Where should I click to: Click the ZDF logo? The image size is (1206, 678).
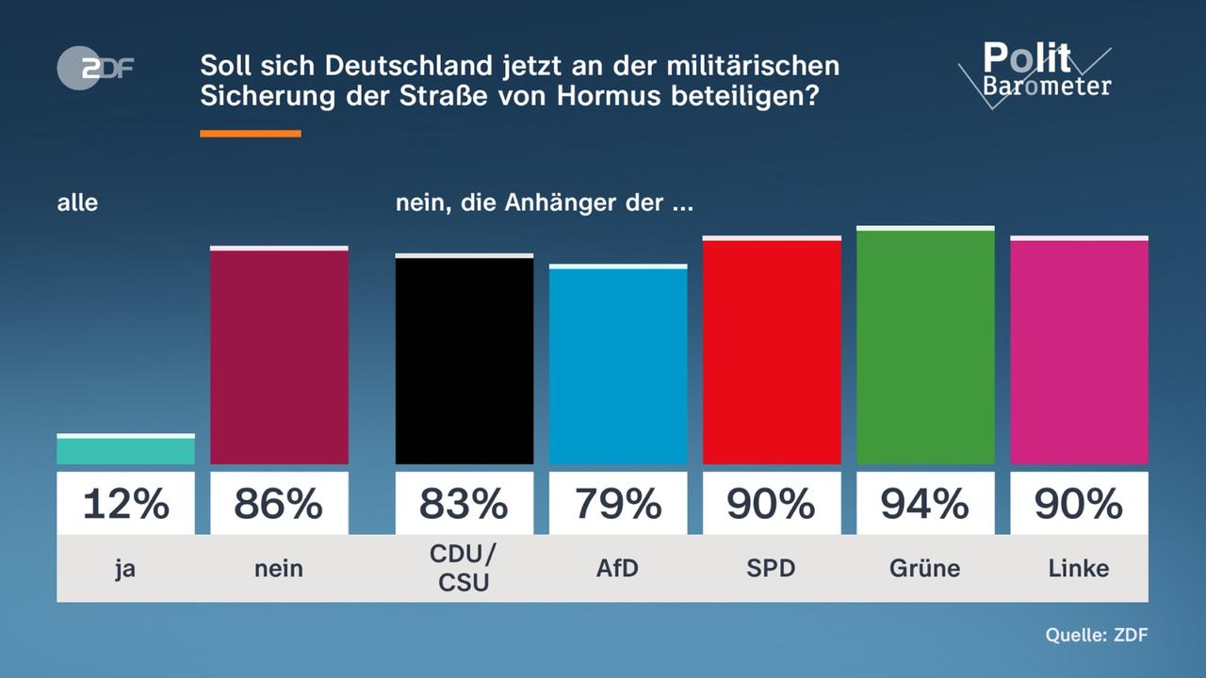95,68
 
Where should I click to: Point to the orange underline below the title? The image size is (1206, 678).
251,134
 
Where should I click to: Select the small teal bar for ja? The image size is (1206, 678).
125,450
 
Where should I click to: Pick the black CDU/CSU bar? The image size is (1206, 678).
464,360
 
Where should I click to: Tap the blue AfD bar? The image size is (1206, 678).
618,365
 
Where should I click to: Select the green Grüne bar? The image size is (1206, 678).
925,346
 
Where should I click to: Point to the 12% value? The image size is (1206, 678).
125,504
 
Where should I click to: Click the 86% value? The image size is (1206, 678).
279,504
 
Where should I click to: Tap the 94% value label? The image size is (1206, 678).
925,504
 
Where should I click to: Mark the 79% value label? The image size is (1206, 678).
618,504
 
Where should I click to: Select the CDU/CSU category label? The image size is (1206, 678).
464,568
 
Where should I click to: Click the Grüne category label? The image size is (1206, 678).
925,568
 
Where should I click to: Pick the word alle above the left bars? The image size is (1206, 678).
77,202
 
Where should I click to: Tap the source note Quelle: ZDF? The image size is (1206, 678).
1096,635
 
